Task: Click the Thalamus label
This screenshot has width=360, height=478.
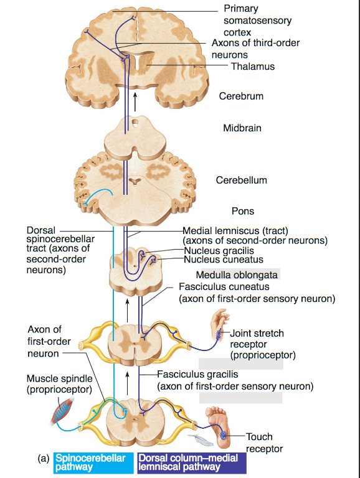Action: (x=253, y=66)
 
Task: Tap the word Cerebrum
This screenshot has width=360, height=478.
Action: (x=241, y=96)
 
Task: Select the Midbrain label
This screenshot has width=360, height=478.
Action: (x=242, y=128)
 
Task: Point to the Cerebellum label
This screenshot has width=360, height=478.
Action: (x=241, y=180)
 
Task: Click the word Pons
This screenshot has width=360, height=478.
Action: (x=243, y=211)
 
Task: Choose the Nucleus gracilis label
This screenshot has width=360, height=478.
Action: (x=219, y=251)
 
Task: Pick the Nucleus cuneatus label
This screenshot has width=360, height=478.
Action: (x=224, y=260)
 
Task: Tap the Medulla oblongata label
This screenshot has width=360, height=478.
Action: (x=237, y=274)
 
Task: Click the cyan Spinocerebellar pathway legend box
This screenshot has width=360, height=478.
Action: (x=93, y=463)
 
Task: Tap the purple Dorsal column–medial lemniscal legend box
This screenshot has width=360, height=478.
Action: (x=192, y=463)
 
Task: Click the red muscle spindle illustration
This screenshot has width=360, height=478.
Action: (x=62, y=411)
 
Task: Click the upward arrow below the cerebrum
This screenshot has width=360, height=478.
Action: (x=135, y=102)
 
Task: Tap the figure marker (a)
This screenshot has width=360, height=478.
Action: (x=44, y=458)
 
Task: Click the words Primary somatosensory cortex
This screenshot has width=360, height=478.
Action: (x=257, y=21)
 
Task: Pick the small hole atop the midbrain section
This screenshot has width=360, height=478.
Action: (x=135, y=123)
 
